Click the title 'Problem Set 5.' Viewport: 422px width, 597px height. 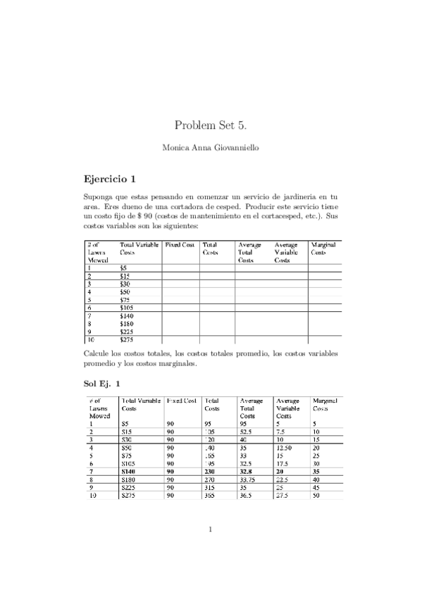(211, 125)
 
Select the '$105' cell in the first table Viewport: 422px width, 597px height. (128, 308)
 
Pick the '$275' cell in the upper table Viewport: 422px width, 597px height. (128, 339)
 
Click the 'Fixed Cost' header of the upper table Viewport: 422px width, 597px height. (180, 244)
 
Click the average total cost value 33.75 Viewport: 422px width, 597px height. (249, 479)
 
